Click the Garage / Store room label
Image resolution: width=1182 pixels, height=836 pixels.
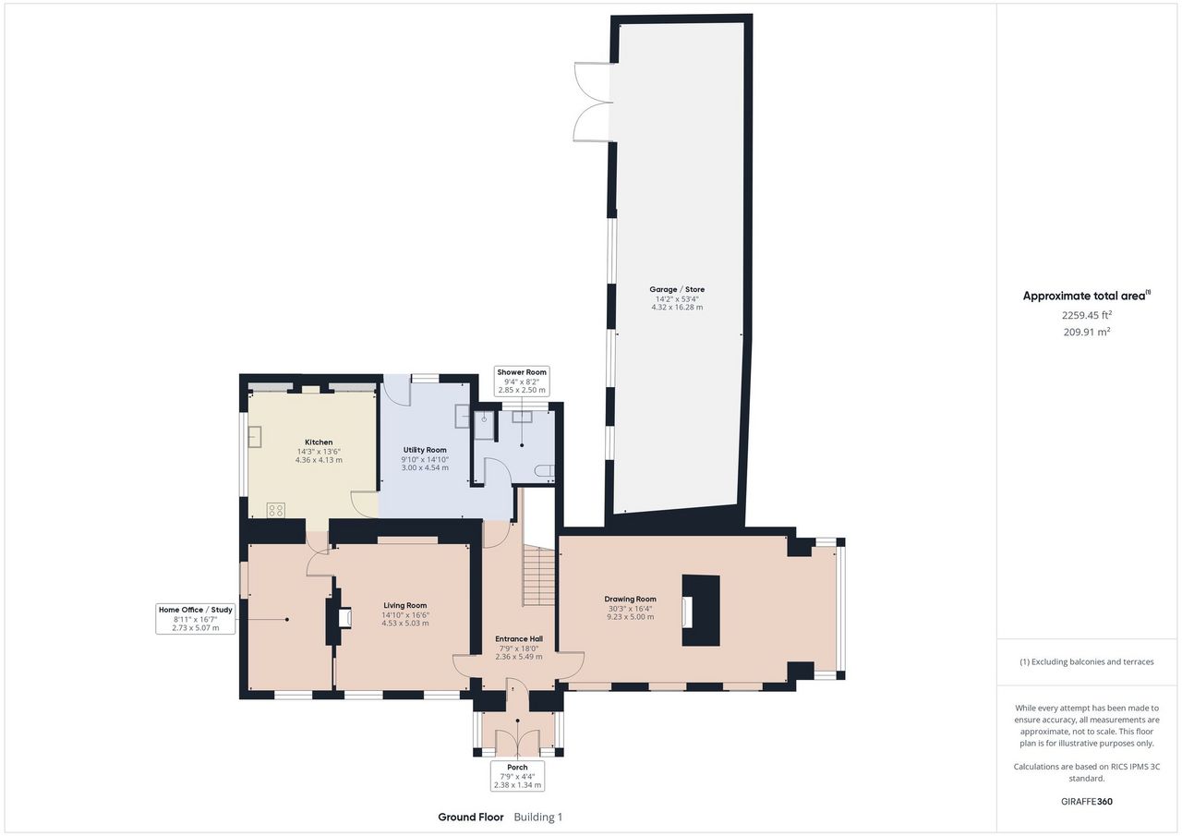tap(677, 289)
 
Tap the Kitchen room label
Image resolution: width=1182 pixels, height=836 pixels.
tap(319, 442)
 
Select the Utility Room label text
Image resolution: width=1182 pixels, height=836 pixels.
tap(425, 450)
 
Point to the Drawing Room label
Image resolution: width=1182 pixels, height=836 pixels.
tap(630, 599)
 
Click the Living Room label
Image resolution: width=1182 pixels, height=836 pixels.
tap(405, 605)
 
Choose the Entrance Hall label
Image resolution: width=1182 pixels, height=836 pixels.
tap(519, 638)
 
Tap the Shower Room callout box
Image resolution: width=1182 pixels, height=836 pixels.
tap(522, 382)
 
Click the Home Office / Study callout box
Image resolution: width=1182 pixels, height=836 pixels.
tap(195, 619)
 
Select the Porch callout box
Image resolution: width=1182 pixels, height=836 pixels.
tap(517, 776)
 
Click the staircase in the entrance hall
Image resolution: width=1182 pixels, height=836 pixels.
tap(538, 576)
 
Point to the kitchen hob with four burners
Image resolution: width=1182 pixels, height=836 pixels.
tap(276, 510)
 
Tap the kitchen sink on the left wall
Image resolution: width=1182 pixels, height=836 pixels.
tap(255, 436)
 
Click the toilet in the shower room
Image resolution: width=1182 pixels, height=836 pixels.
tap(545, 471)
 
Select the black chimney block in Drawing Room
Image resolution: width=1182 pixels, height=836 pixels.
tap(701, 611)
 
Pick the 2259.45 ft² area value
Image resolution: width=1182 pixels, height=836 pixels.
tap(1087, 315)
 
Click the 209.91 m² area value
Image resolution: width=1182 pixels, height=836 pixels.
tap(1087, 332)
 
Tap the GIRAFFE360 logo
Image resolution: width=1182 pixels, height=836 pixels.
tap(1087, 801)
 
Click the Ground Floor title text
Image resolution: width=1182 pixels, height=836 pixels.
tap(471, 817)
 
